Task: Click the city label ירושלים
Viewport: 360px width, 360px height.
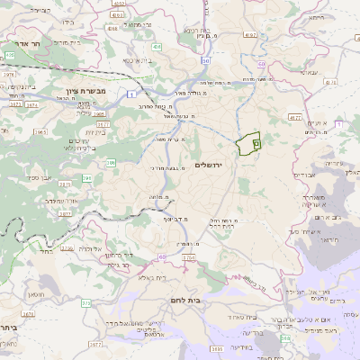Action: [207, 164]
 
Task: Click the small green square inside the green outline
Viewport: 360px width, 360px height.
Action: [256, 141]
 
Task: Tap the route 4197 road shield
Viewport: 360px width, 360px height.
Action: [250, 35]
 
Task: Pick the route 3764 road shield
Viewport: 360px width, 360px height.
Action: [188, 258]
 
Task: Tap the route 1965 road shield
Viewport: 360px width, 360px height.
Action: [101, 115]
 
